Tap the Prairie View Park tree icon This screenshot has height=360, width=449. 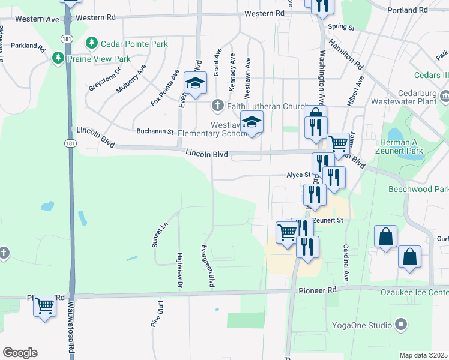tap(58, 59)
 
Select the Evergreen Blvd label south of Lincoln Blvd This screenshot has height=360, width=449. tap(208, 265)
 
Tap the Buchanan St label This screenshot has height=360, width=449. tap(155, 131)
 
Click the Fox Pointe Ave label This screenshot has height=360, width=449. tap(165, 88)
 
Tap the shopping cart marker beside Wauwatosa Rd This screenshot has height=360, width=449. tap(45, 305)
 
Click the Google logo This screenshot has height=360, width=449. tap(20, 353)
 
